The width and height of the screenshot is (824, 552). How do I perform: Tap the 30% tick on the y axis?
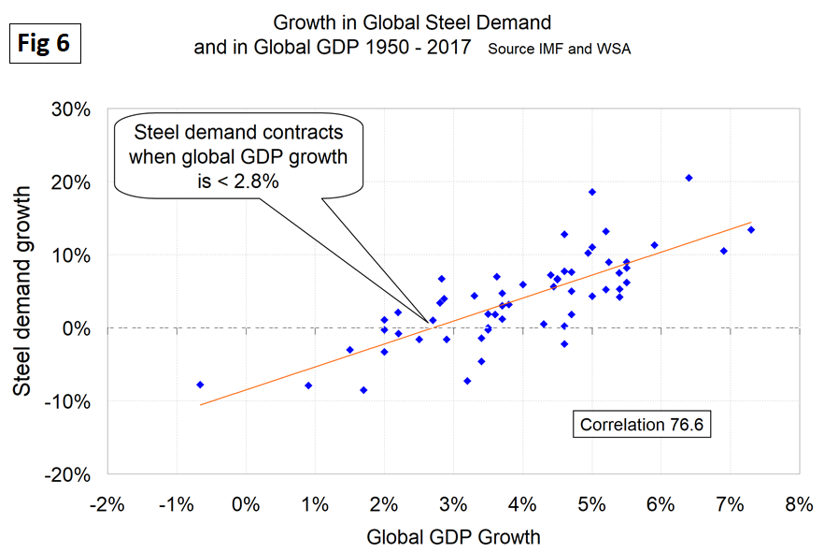click(71, 109)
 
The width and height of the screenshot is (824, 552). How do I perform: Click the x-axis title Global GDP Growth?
click(453, 537)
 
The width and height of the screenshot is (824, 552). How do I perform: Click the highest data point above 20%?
click(689, 178)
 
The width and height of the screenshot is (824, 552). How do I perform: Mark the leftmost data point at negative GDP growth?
click(200, 385)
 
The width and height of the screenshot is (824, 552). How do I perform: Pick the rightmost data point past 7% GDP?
click(750, 229)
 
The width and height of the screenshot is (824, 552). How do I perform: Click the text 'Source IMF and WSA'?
click(559, 49)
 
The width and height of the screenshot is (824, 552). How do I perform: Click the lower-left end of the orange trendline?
click(201, 404)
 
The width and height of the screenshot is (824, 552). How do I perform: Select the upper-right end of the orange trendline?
click(750, 223)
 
